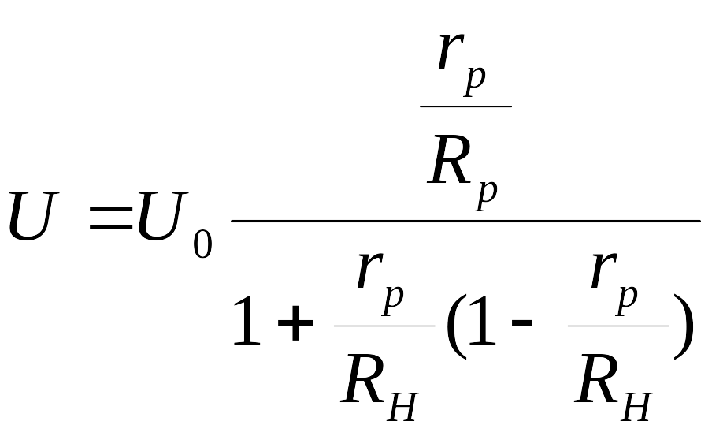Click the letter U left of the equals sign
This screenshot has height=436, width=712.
(34, 215)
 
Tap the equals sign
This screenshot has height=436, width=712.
(111, 218)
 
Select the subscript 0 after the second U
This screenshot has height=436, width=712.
(203, 244)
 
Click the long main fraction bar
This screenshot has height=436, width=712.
(466, 221)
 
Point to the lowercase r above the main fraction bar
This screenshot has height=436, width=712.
(451, 51)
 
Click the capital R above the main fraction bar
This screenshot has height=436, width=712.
(449, 159)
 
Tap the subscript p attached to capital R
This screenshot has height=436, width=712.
(486, 195)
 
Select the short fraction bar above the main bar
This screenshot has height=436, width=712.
(466, 107)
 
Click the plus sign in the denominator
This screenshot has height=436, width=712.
(295, 322)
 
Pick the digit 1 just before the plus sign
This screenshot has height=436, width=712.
(247, 321)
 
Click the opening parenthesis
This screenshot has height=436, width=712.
(456, 326)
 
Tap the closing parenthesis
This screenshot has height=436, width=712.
(684, 326)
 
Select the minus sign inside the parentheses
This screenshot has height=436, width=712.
(522, 322)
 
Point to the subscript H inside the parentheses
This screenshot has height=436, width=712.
(636, 406)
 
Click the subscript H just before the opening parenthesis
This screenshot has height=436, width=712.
(402, 406)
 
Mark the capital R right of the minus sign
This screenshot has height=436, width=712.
(597, 378)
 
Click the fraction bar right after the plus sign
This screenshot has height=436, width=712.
(384, 326)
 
